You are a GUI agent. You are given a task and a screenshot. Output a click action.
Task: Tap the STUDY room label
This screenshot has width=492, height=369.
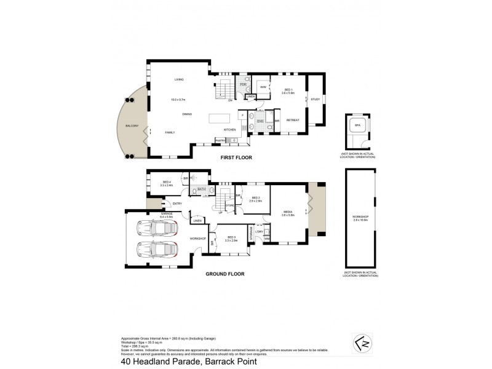point(315,99)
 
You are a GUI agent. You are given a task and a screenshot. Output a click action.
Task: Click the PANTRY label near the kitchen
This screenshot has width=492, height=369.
point(219,141)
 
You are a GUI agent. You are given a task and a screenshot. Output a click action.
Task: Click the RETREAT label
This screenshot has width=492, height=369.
point(293,120)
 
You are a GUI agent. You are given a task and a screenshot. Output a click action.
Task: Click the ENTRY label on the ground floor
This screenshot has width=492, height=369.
point(178,204)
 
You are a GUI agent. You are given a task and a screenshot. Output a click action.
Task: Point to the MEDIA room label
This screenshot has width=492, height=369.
point(288,212)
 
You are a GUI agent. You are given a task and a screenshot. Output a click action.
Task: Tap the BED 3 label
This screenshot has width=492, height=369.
point(231,237)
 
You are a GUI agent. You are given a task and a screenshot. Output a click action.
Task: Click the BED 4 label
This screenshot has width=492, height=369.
point(167,181)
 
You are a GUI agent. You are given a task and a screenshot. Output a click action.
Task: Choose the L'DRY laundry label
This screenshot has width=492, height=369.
point(258,231)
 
